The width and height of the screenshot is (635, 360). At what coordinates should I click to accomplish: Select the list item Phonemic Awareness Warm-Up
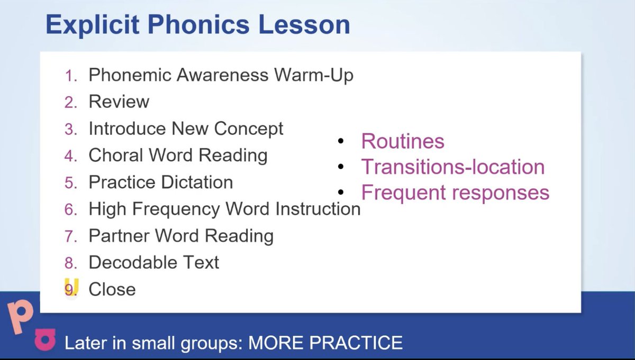221,75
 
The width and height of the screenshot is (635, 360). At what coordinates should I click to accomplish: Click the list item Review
119,102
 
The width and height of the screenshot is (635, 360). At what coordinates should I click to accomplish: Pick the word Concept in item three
249,128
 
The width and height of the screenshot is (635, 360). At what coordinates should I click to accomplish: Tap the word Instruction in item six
317,209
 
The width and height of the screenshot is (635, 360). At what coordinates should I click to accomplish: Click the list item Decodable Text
153,262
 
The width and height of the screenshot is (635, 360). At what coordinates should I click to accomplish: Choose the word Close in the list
112,289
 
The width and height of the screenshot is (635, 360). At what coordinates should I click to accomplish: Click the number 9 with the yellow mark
70,289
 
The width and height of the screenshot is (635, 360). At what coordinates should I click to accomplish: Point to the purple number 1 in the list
70,76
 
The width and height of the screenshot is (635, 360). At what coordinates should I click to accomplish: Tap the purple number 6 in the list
70,209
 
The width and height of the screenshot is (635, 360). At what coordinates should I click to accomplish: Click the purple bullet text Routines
403,141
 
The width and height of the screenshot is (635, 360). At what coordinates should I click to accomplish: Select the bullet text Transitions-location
452,167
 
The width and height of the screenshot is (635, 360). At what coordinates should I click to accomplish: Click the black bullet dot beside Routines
341,141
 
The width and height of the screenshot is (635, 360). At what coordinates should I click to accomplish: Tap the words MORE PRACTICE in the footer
325,343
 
